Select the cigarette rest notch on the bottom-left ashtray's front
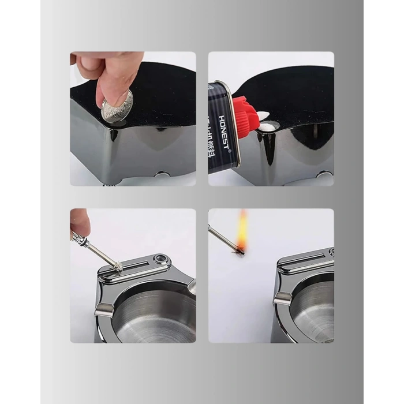[x=104, y=312]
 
